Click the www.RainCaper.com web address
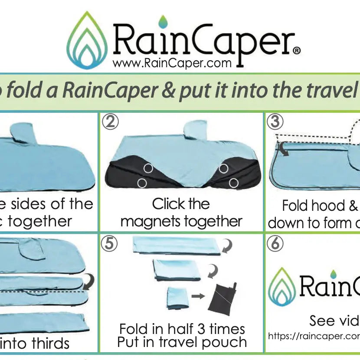(x=172, y=63)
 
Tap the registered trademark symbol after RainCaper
(x=297, y=51)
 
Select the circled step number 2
(x=110, y=122)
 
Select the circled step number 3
(x=275, y=122)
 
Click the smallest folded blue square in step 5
(x=177, y=298)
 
